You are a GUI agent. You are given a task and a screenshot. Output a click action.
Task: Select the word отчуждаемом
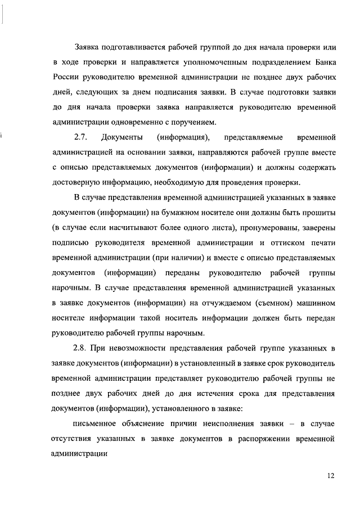[179, 304]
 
